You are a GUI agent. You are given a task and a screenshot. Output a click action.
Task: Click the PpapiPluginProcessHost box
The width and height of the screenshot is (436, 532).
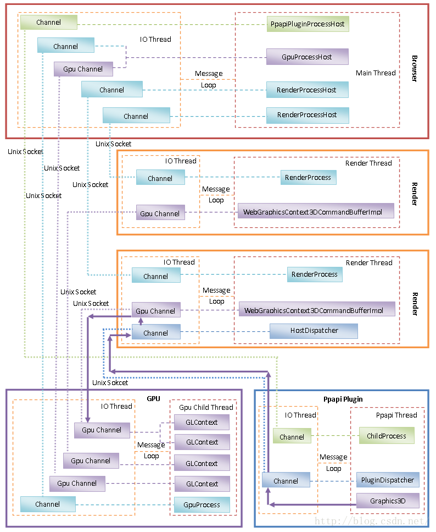[308, 24]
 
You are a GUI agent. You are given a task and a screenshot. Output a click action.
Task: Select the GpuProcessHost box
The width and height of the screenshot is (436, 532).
[308, 57]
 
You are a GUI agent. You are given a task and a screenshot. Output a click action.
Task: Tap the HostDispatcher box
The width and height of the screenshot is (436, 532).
[314, 331]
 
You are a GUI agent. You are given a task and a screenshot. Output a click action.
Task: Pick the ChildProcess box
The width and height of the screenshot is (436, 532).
[387, 436]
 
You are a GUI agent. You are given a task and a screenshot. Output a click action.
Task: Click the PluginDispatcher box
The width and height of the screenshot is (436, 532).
[388, 480]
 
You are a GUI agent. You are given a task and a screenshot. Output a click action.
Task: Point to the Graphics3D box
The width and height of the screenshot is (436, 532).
[388, 501]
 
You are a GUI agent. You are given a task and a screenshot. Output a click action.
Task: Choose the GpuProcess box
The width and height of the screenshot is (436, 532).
[202, 505]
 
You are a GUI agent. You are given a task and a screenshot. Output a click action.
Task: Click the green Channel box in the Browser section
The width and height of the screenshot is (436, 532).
[49, 23]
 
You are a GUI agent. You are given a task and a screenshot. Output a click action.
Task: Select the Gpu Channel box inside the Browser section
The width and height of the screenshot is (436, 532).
[83, 69]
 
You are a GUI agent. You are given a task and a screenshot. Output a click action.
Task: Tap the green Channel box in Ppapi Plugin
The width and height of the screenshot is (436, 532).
[292, 437]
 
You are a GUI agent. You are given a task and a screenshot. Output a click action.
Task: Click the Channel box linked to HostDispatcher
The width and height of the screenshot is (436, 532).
[156, 333]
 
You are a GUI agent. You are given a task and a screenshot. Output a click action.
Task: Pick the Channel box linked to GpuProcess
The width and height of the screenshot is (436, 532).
[48, 504]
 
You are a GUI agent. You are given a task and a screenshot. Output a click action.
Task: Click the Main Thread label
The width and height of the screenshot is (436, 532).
[376, 73]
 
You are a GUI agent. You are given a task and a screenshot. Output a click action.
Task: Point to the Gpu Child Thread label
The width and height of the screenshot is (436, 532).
[206, 407]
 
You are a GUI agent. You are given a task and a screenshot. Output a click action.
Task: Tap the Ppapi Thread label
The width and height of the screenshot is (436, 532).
[396, 415]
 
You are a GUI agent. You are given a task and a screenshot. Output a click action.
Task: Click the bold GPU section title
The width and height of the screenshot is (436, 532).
[153, 399]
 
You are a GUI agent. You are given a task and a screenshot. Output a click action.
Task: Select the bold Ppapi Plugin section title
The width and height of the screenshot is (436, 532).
[343, 399]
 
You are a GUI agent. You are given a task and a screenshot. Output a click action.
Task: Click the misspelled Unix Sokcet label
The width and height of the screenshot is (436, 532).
[110, 383]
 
